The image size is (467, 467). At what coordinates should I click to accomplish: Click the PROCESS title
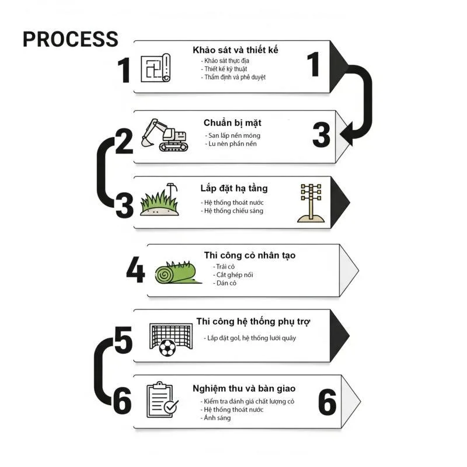pyautogui.click(x=71, y=39)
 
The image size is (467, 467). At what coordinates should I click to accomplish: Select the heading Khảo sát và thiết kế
pyautogui.click(x=235, y=50)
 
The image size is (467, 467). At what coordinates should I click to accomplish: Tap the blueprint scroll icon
pyautogui.click(x=155, y=68)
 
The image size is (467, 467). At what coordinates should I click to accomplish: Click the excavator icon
pyautogui.click(x=165, y=135)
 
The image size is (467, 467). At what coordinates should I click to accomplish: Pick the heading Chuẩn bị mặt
pyautogui.click(x=232, y=123)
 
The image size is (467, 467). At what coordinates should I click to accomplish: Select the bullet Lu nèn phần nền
pyautogui.click(x=231, y=144)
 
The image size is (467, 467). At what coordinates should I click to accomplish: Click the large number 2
pyautogui.click(x=124, y=141)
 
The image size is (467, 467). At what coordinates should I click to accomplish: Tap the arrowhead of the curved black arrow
pyautogui.click(x=346, y=135)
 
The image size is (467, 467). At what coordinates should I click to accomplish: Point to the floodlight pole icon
pyautogui.click(x=311, y=203)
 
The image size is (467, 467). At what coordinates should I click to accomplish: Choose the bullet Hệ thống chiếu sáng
pyautogui.click(x=232, y=211)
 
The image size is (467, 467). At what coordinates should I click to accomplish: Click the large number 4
pyautogui.click(x=135, y=270)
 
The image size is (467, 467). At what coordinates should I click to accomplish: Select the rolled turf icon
pyautogui.click(x=178, y=273)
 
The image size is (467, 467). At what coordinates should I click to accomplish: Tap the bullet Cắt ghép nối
pyautogui.click(x=233, y=275)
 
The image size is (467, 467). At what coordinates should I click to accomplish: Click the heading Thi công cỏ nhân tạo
pyautogui.click(x=250, y=255)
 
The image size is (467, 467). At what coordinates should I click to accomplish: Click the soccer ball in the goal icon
pyautogui.click(x=168, y=348)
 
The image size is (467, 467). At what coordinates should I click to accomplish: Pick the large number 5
pyautogui.click(x=123, y=340)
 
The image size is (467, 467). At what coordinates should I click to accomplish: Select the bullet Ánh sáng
pyautogui.click(x=215, y=418)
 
